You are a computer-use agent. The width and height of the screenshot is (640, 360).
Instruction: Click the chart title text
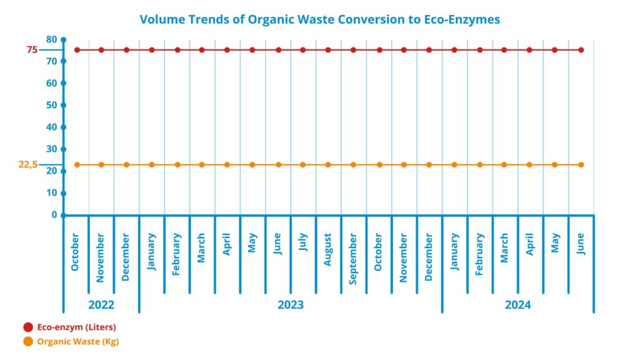pos(319,19)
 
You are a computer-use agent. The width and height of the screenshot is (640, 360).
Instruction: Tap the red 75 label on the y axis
pos(32,50)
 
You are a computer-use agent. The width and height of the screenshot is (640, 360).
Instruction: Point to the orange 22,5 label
pos(27,164)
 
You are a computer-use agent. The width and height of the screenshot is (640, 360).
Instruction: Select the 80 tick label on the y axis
pos(51,39)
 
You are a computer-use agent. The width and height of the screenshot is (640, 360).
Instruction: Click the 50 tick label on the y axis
pos(51,105)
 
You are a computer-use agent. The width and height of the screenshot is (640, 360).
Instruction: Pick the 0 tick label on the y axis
pos(54,215)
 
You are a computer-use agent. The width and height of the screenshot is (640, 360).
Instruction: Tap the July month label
pos(303,242)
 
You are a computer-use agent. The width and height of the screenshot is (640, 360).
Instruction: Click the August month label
pos(327,249)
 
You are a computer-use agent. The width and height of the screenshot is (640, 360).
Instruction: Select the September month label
pos(353,259)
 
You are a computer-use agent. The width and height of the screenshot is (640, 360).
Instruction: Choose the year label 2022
pos(101,305)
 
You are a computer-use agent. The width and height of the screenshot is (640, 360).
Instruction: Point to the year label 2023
pos(291,305)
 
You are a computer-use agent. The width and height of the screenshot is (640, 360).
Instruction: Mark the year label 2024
pos(518,305)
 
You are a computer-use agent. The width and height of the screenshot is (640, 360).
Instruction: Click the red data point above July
pos(303,50)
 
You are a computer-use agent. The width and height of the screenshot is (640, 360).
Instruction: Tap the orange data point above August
pos(328,165)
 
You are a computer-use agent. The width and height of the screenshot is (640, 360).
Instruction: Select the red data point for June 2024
pos(581,50)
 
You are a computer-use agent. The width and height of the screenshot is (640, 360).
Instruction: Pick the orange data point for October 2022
pos(77,165)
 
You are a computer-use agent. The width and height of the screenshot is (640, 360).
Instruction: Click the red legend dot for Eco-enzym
pos(28,327)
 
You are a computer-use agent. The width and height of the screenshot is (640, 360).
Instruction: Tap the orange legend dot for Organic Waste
pos(28,342)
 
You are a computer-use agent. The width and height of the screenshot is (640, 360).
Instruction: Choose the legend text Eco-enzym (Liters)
pos(77,327)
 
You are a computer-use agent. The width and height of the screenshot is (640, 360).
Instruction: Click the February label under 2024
pos(479,254)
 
